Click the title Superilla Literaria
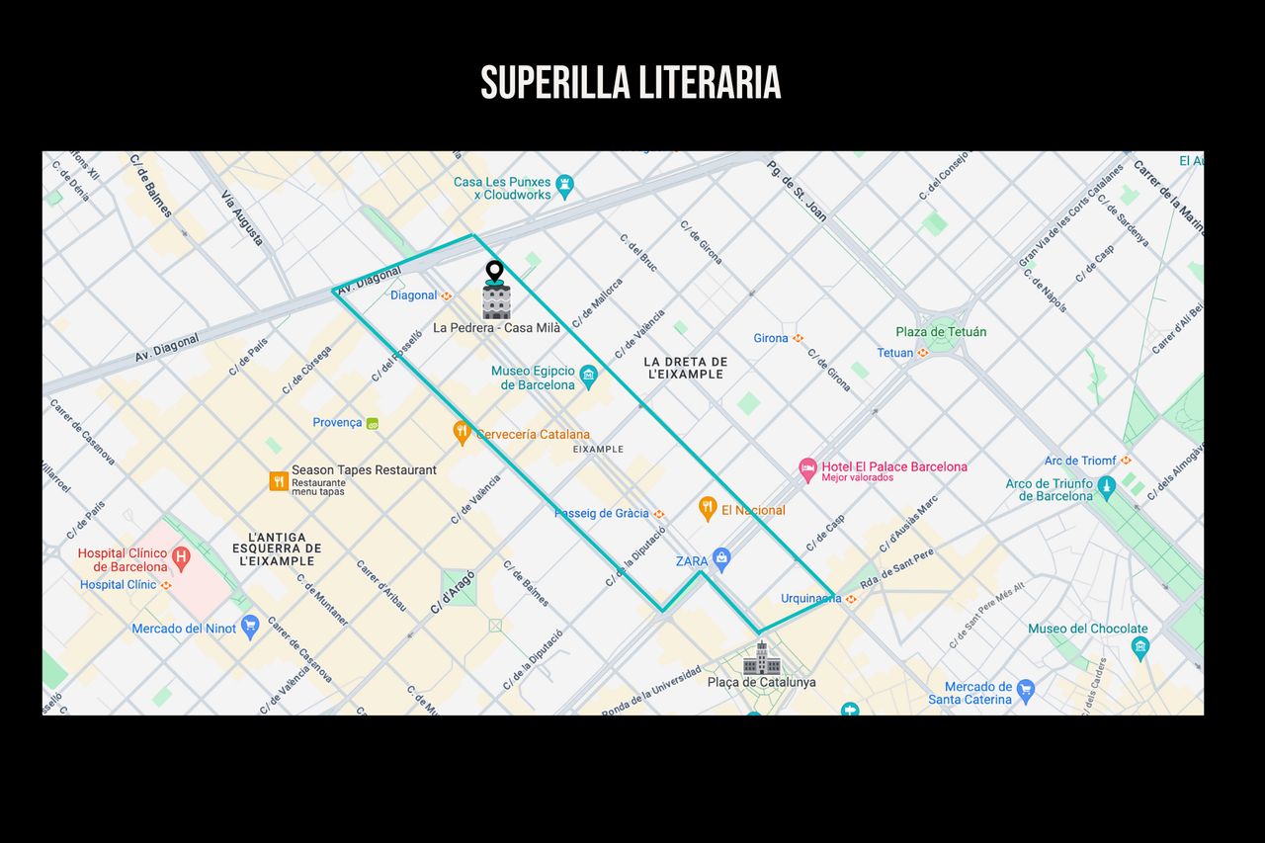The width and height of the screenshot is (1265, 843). pos(631,83)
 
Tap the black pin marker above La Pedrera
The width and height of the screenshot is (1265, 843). pos(494,271)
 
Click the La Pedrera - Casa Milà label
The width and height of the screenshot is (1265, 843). pos(497,327)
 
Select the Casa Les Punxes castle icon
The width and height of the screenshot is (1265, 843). pos(564,183)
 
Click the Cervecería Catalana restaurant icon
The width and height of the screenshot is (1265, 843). pos(461,432)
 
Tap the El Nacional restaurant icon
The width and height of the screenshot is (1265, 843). pos(707,508)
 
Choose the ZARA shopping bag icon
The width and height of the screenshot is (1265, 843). pos(721,559)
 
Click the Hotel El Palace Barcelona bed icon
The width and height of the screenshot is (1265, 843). pos(807,466)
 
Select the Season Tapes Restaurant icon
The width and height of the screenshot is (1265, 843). pos(279,481)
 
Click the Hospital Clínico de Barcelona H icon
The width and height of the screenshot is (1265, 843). pos(181,558)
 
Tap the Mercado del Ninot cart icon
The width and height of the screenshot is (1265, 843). pos(250,627)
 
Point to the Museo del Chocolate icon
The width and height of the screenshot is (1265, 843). pos(1140,648)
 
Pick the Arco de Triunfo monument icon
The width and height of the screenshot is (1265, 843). pos(1106,485)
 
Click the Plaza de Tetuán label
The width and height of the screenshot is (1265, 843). pos(941,332)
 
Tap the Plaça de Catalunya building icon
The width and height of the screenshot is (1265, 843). pos(761,658)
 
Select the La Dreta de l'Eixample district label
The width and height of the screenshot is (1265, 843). pos(686,368)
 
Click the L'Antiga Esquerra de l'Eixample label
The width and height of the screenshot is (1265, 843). pos(277,548)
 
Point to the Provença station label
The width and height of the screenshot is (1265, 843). pos(337,422)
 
